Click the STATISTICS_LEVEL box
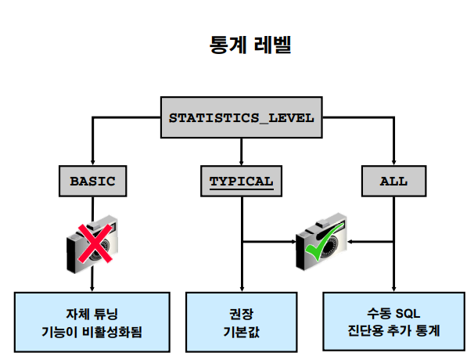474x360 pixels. [241, 119]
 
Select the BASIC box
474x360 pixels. [92, 182]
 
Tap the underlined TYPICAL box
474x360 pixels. [241, 182]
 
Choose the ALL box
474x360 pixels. [393, 182]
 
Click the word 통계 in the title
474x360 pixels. [224, 45]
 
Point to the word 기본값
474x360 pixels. [242, 330]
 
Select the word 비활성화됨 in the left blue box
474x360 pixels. [114, 330]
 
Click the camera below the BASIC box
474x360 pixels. [92, 244]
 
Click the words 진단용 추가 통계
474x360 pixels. [393, 330]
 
